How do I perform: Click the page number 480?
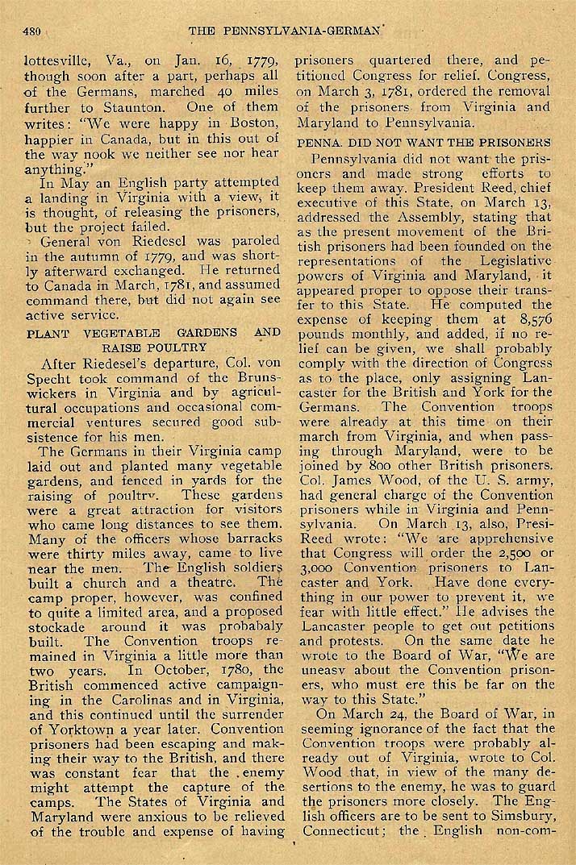point(32,32)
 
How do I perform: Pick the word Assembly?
point(404,218)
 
